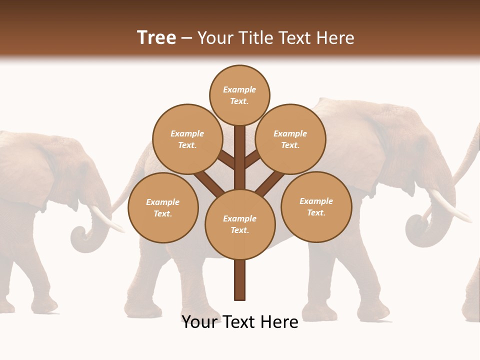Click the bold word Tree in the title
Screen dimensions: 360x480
156,37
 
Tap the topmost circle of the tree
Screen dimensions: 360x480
239,95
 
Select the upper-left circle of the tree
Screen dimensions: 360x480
187,139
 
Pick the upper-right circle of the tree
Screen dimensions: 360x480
290,139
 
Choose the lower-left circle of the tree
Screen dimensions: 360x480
163,207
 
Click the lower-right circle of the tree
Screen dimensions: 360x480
316,206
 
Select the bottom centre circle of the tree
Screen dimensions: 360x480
240,224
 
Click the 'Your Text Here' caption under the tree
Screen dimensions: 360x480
240,322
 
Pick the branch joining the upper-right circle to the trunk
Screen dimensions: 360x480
252,159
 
